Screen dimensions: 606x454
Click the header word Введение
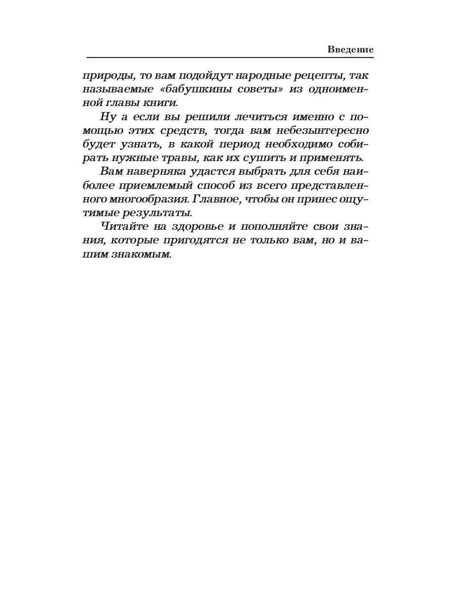click(351, 49)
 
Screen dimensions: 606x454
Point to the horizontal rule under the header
click(230, 58)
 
